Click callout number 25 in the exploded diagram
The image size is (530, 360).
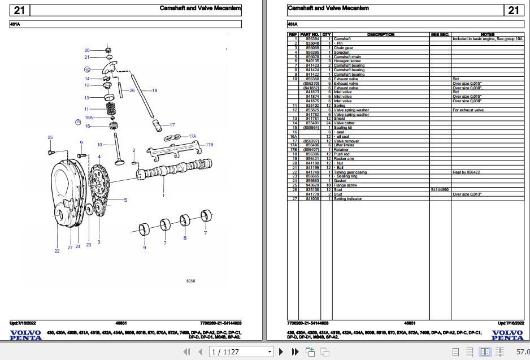click(x=50, y=137)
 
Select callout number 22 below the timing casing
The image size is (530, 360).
click(x=57, y=250)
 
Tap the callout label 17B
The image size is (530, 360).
click(x=210, y=145)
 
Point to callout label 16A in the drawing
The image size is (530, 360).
click(x=89, y=118)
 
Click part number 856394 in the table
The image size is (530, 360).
click(x=312, y=39)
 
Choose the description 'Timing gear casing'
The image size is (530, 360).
click(x=350, y=172)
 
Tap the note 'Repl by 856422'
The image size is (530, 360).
click(x=466, y=172)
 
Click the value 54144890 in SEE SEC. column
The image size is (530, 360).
click(x=440, y=190)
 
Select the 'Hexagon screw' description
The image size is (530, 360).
click(x=347, y=61)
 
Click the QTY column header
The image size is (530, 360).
click(x=327, y=34)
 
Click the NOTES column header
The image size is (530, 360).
click(x=487, y=34)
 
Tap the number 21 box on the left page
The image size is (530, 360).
click(x=19, y=10)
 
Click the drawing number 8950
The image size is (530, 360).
click(x=190, y=281)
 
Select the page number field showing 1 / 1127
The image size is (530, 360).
click(x=240, y=352)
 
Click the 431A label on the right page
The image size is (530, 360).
click(x=293, y=24)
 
